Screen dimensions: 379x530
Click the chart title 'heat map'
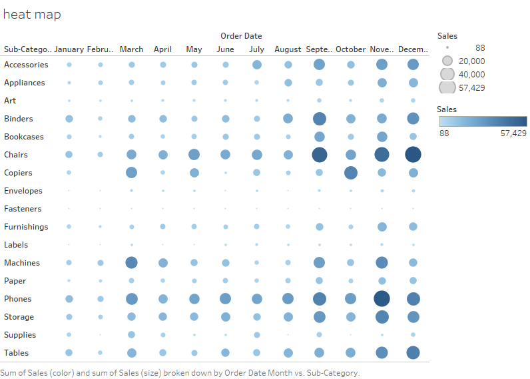coord(32,14)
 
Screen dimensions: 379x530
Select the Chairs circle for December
coord(413,154)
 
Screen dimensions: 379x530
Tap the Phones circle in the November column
coord(382,298)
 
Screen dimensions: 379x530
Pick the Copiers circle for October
coord(350,173)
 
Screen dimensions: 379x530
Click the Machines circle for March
coord(131,262)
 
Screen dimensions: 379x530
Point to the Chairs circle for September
coord(319,155)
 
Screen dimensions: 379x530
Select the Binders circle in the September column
coord(319,119)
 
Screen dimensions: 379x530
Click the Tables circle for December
coord(413,352)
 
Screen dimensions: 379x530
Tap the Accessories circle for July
coord(256,65)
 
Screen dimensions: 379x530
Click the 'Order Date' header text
coord(241,36)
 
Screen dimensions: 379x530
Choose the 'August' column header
coord(288,49)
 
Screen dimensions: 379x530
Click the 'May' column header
coord(194,49)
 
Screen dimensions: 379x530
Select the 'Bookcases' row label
coord(24,137)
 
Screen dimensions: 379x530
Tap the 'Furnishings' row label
coord(26,227)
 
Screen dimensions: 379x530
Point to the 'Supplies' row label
coord(20,335)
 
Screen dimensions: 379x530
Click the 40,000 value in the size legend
coord(471,74)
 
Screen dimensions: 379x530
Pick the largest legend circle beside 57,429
coord(447,87)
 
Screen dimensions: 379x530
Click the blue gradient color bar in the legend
coord(483,121)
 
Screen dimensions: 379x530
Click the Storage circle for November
coord(382,316)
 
